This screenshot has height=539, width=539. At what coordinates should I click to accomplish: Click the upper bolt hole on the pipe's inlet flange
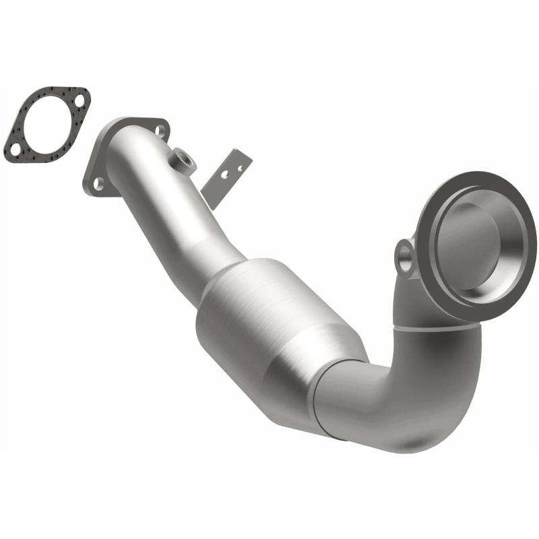[x=160, y=131]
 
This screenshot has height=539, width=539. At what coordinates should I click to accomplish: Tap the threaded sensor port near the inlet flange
[x=183, y=159]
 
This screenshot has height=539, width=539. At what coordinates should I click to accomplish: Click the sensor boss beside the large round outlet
[x=407, y=256]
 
